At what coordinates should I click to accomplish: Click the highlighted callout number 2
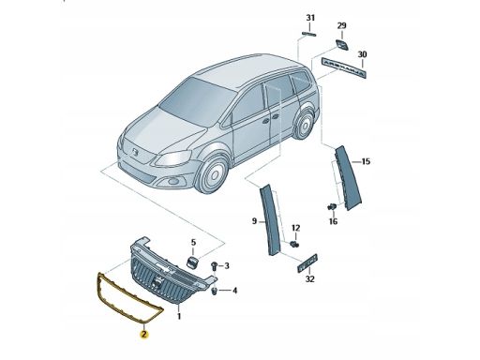143,335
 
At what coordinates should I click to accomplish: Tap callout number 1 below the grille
179,316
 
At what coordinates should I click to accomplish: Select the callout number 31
310,18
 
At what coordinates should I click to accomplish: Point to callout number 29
341,25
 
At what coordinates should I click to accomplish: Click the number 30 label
362,54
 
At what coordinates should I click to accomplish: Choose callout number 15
366,161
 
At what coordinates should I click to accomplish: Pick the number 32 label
309,278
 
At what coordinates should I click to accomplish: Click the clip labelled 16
331,206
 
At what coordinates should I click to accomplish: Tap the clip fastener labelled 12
294,244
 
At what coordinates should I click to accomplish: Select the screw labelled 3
215,266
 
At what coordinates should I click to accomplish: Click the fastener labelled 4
215,292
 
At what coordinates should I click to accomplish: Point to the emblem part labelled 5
192,262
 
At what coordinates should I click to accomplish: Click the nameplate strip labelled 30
342,67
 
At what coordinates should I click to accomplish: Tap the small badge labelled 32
307,263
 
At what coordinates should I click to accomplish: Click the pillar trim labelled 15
348,178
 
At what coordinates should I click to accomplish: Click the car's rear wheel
304,124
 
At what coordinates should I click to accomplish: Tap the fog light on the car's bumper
172,181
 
